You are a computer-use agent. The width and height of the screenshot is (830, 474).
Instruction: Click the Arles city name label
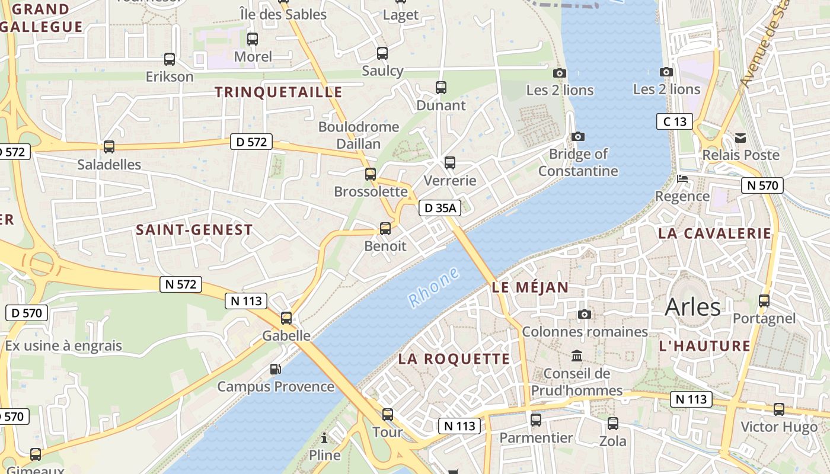tap(692, 307)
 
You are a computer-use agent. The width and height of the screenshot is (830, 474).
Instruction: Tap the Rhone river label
tap(435, 287)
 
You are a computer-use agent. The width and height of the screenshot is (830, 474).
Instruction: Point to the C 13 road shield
tap(675, 122)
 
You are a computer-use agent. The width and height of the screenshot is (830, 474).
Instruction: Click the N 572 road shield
tap(181, 284)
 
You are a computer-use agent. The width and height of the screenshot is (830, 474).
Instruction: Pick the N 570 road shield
tap(762, 185)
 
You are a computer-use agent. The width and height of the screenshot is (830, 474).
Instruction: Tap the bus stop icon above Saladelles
tap(109, 146)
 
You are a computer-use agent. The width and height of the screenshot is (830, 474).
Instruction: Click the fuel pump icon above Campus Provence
tap(276, 369)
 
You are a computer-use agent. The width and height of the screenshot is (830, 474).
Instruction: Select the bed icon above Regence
tap(682, 178)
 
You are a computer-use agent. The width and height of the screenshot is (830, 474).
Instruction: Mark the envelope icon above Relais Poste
tap(740, 138)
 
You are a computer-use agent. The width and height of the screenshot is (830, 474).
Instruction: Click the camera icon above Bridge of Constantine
tap(578, 137)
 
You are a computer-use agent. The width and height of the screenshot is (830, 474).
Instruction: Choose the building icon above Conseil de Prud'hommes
tap(577, 356)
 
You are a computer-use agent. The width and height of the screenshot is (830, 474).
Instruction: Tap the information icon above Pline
tap(324, 438)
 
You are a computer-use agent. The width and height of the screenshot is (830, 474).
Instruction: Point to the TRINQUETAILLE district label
tap(278, 92)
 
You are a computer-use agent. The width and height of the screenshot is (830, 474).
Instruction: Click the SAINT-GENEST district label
tap(194, 230)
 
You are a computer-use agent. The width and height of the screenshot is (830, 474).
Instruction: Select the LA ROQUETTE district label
tap(454, 358)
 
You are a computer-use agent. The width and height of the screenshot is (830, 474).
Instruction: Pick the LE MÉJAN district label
tap(530, 288)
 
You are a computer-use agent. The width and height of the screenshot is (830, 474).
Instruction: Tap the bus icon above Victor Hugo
tap(779, 409)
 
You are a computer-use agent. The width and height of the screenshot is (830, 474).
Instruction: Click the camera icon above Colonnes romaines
tap(585, 314)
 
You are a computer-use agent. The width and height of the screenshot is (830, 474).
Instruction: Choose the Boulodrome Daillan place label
tap(359, 135)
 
